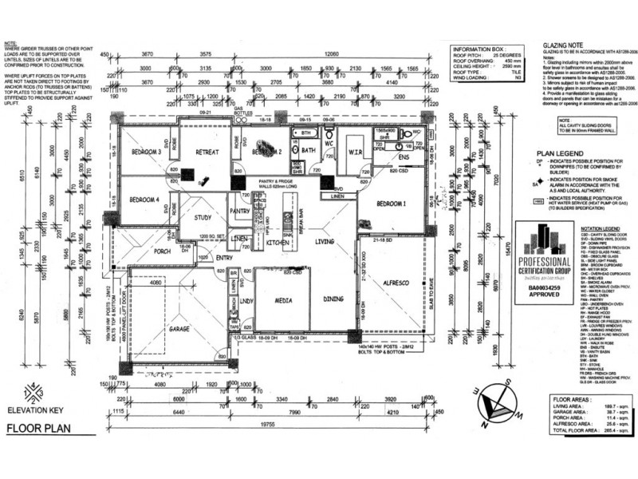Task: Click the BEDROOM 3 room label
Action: point(148,152)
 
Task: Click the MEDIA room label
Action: point(283,300)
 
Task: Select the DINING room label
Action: point(333,300)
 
